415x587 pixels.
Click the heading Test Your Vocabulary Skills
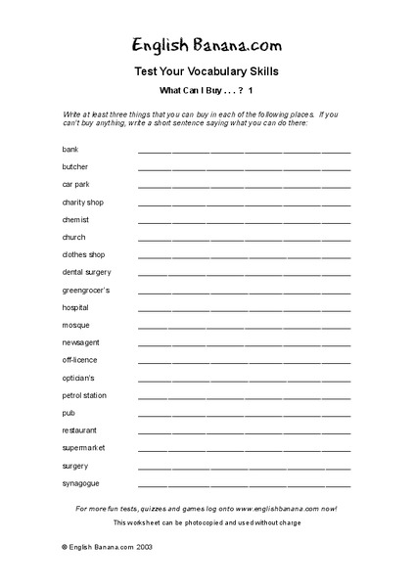point(207,71)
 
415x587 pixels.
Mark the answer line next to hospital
point(244,309)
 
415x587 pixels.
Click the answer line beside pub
point(244,415)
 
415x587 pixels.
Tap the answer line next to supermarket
point(244,450)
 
